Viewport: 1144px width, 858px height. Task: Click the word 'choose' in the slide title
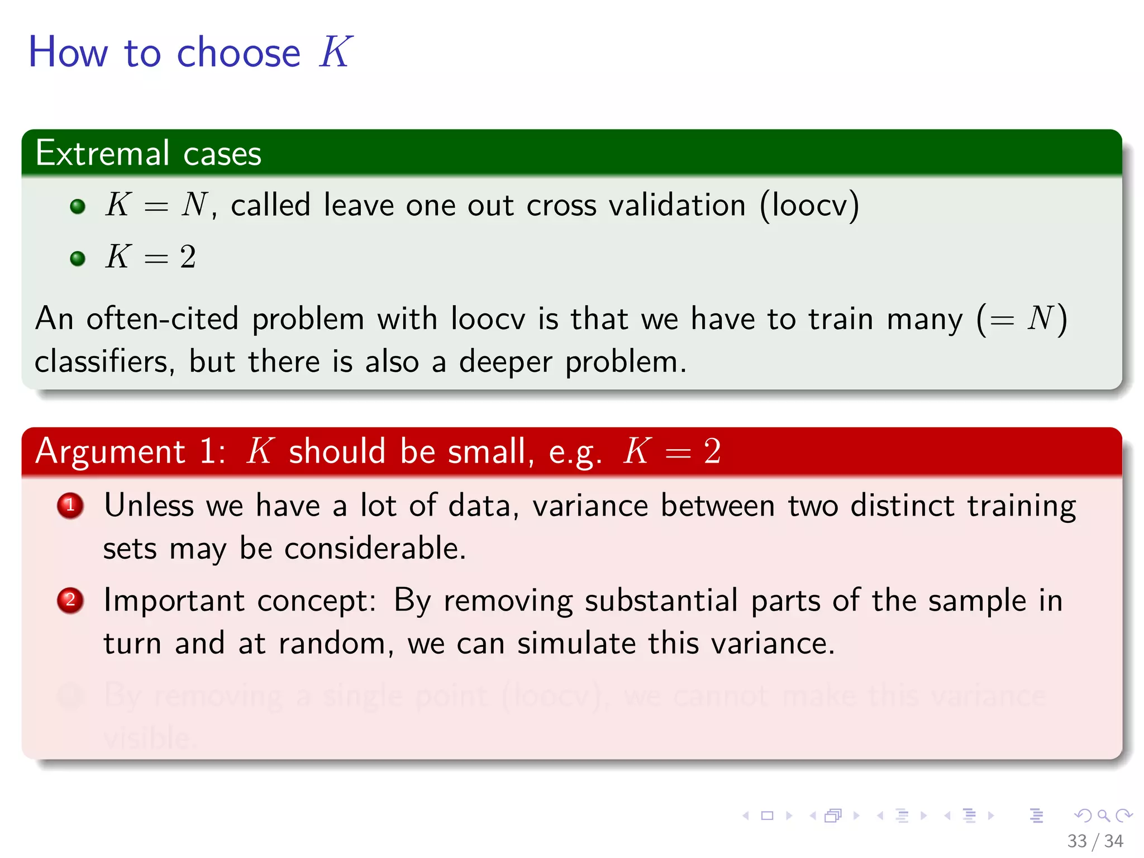[x=239, y=53]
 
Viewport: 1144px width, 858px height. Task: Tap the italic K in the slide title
[x=335, y=52]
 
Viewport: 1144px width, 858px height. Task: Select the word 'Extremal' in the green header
[x=102, y=153]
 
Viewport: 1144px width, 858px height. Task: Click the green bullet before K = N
[x=78, y=206]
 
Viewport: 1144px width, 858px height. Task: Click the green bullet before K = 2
[x=78, y=258]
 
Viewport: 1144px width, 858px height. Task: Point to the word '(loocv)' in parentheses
[x=809, y=205]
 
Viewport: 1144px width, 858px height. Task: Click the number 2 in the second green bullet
[x=188, y=258]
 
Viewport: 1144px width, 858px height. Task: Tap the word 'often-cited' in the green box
[x=162, y=319]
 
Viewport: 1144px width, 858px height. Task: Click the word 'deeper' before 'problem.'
[x=505, y=362]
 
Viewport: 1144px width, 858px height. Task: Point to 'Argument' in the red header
[x=110, y=451]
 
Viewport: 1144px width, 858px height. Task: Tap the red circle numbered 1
[x=70, y=506]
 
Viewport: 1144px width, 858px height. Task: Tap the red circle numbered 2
[x=70, y=600]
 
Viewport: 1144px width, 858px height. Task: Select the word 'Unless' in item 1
[x=149, y=506]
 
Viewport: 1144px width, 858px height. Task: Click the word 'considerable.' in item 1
[x=375, y=548]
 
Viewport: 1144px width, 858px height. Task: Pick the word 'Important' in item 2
[x=174, y=600]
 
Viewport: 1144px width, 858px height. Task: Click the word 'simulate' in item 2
[x=576, y=643]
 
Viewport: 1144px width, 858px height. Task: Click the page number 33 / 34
[x=1094, y=841]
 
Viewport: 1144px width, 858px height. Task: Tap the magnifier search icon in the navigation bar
[x=1103, y=816]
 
